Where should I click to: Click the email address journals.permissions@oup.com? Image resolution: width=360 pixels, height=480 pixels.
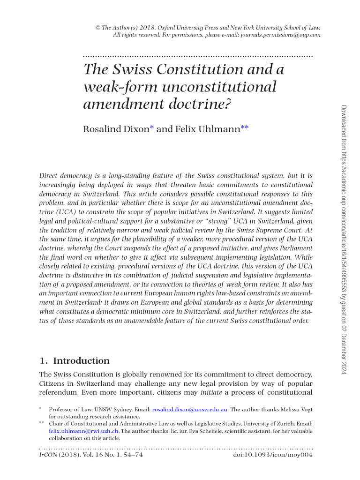[x=281, y=35]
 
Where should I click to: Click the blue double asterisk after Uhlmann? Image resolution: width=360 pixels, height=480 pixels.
[x=244, y=127]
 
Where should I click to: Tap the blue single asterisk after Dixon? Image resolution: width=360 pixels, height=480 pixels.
[x=151, y=127]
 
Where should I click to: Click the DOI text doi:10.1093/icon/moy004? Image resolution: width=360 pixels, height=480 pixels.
[x=273, y=455]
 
